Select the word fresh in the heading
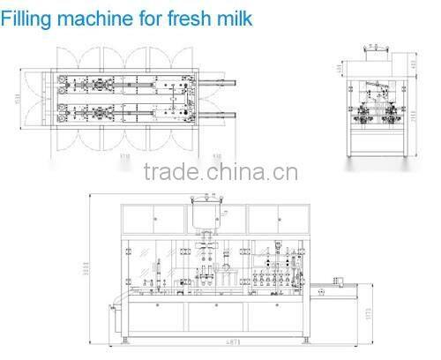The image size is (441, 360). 183,15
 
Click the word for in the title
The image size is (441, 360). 147,15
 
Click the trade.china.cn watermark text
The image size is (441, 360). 214,171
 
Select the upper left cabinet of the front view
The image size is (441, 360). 154,217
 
